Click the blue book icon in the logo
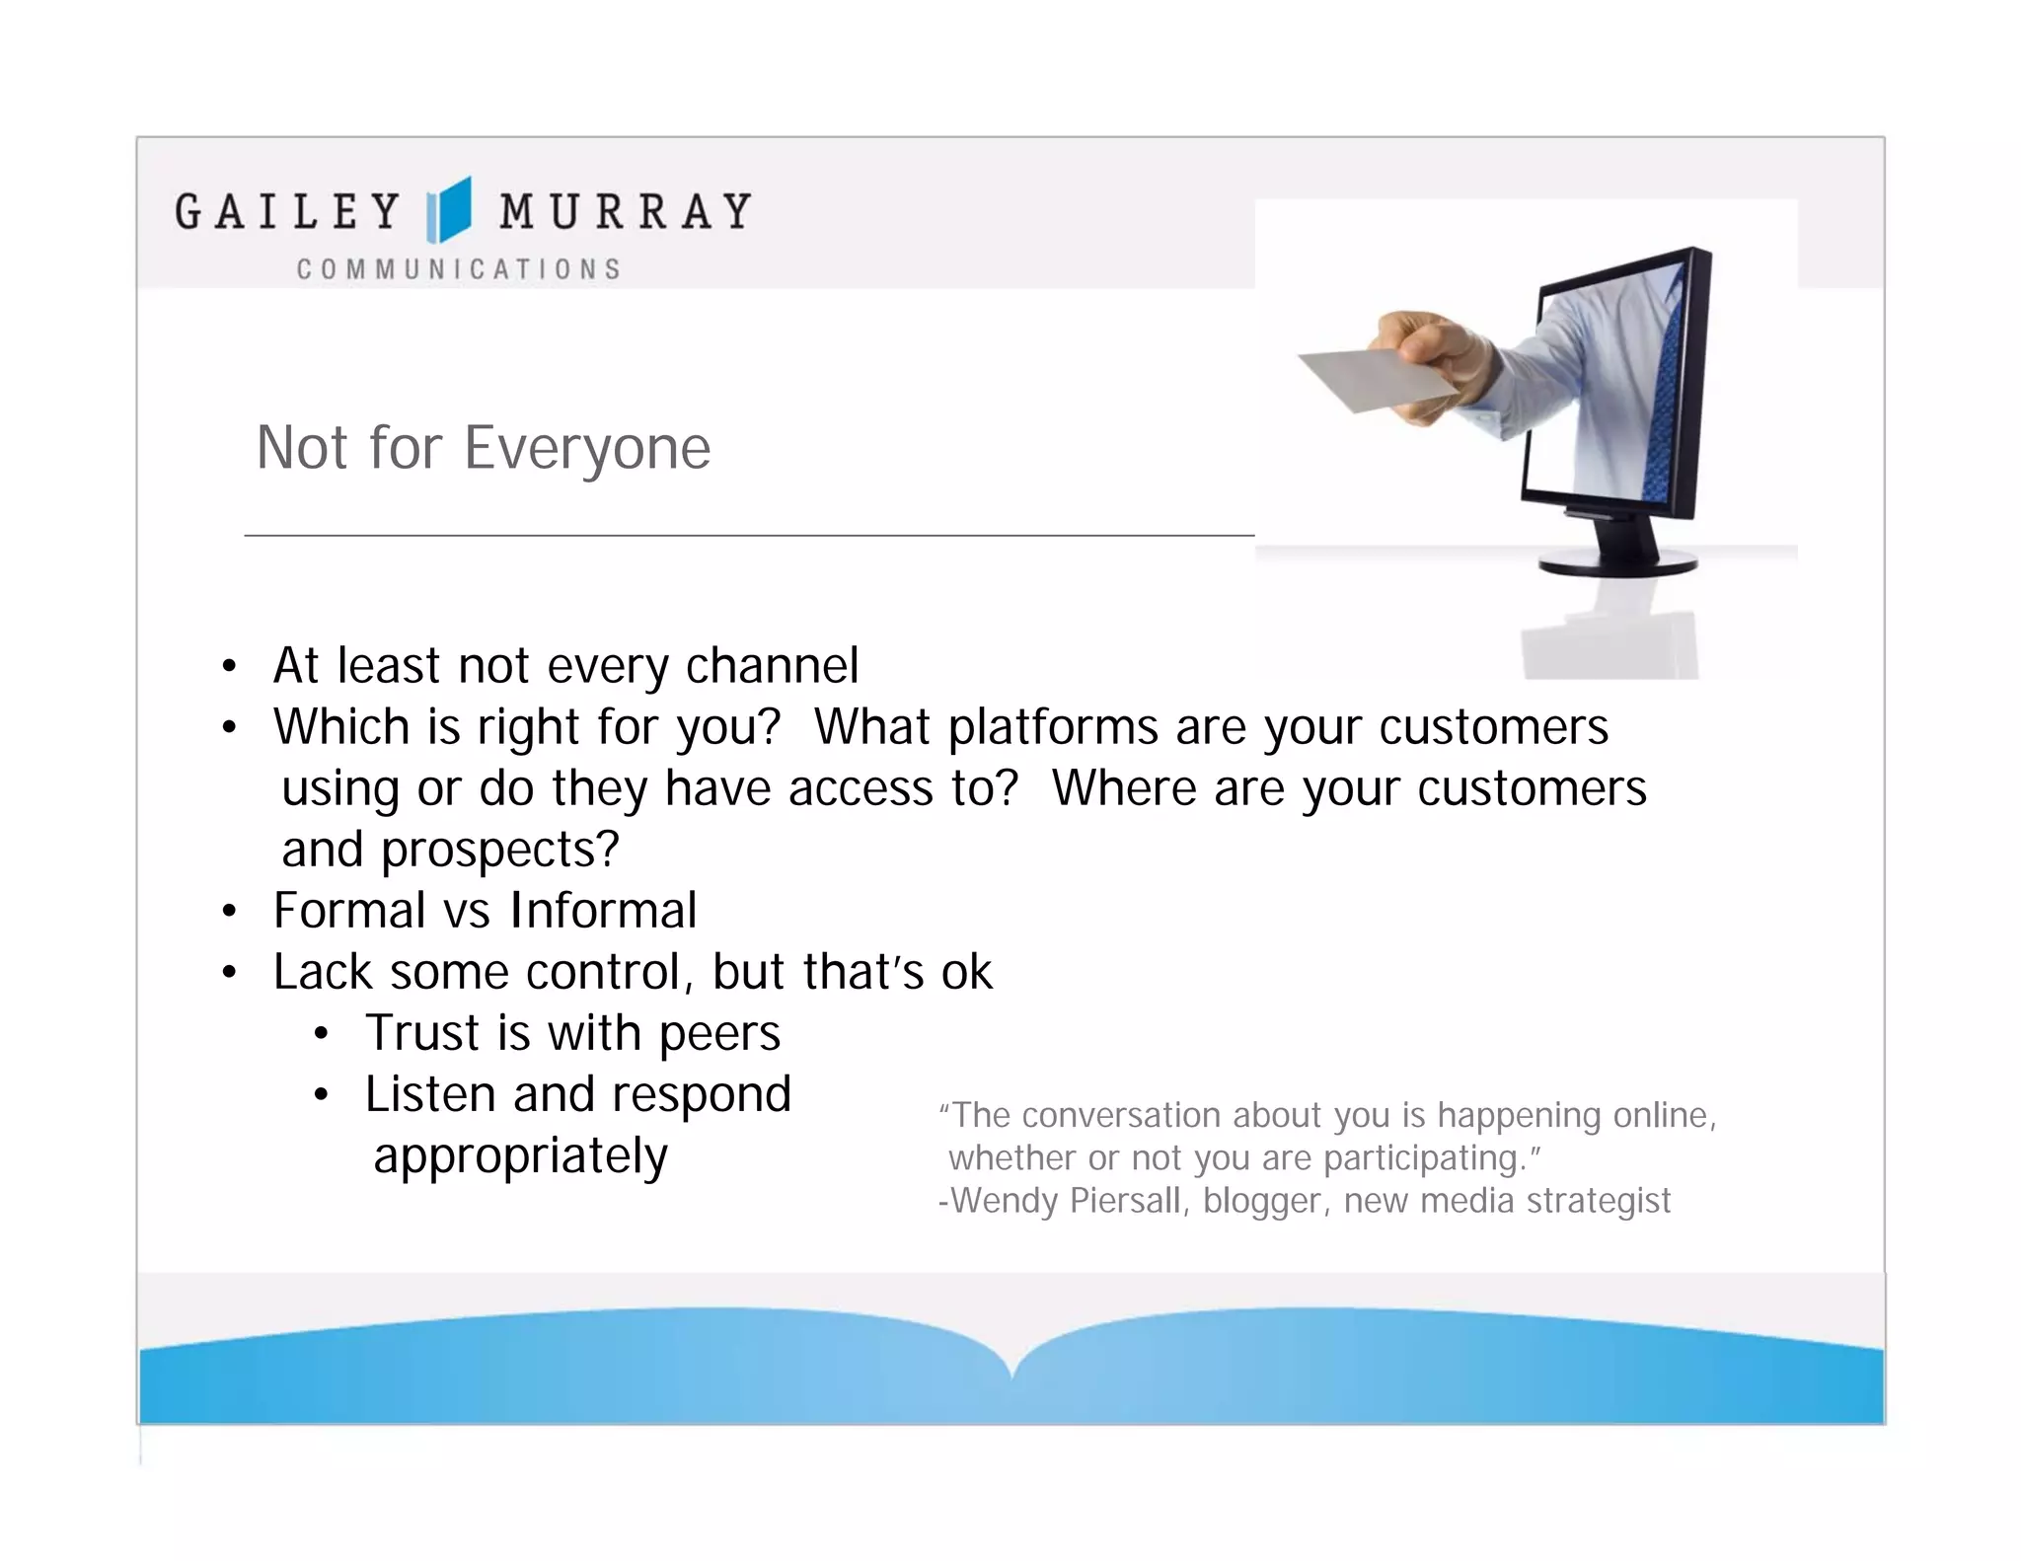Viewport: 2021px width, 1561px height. [x=449, y=210]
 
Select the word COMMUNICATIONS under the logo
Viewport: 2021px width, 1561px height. [x=459, y=269]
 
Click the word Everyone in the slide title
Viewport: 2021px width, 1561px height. [x=587, y=449]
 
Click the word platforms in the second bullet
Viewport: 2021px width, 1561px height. [x=1053, y=728]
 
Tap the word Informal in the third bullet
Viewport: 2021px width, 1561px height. [x=603, y=911]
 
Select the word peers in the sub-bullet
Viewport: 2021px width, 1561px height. [x=719, y=1034]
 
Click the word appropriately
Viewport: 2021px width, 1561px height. [x=520, y=1156]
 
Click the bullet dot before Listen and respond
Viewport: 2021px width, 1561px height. [x=321, y=1095]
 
